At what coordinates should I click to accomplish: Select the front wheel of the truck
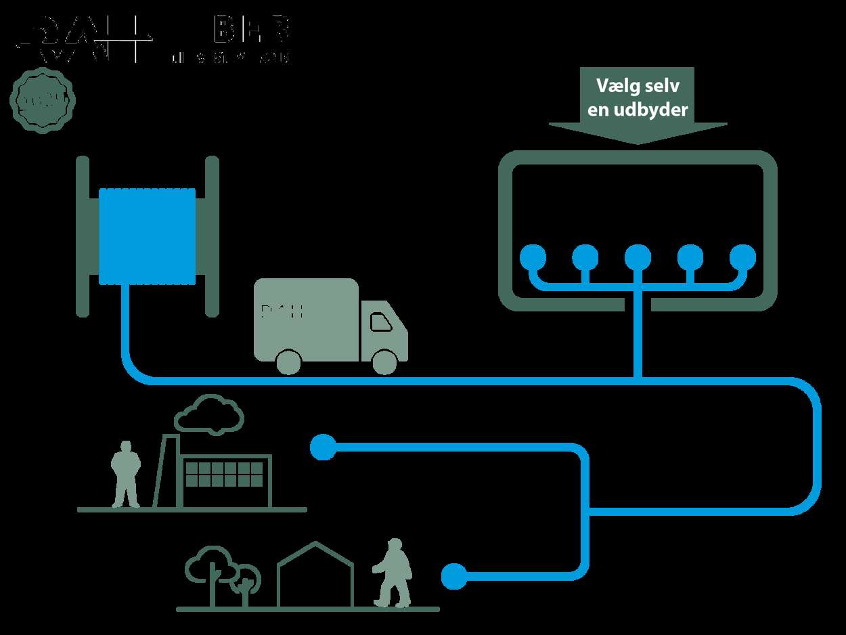coord(384,362)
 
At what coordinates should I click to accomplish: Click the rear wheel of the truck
coord(288,362)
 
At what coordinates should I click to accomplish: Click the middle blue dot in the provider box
coord(638,257)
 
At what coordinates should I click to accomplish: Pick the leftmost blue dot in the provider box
coord(533,257)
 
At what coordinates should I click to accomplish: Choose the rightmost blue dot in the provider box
coord(742,257)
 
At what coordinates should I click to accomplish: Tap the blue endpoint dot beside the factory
coord(323,447)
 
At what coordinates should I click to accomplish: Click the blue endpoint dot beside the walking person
coord(454,577)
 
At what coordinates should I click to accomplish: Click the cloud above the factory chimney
coord(209,414)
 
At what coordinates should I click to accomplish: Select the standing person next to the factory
coord(125,474)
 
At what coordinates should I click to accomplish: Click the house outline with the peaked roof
coord(315,575)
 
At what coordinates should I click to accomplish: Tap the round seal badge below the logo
coord(42,102)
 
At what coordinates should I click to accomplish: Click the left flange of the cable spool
coord(83,236)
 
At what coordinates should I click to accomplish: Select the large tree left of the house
coord(210,569)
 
